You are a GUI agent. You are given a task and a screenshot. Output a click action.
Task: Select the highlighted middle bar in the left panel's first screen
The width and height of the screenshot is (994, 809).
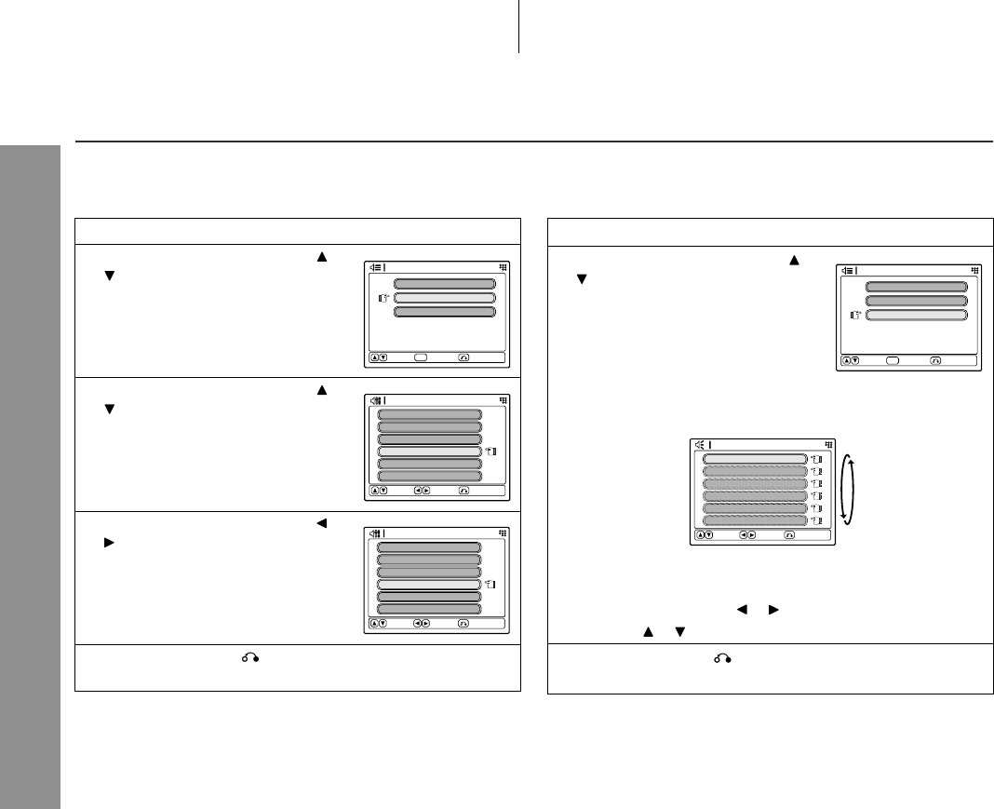coord(445,298)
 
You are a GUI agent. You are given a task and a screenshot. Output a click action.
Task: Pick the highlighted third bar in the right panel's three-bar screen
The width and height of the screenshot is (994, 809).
coord(917,316)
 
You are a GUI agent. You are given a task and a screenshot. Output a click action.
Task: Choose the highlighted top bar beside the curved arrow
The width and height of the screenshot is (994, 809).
coord(754,459)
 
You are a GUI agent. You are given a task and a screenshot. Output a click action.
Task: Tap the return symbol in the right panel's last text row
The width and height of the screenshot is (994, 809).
coord(722,658)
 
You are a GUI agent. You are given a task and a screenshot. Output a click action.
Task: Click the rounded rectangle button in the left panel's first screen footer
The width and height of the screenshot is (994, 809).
coord(423,357)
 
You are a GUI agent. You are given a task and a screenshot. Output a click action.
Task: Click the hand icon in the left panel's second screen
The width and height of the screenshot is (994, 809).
coord(490,452)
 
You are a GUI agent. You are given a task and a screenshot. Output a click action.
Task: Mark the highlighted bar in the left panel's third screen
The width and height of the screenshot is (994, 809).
coord(430,585)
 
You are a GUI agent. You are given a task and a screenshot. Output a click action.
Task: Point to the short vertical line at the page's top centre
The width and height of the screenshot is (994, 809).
coord(517,26)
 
